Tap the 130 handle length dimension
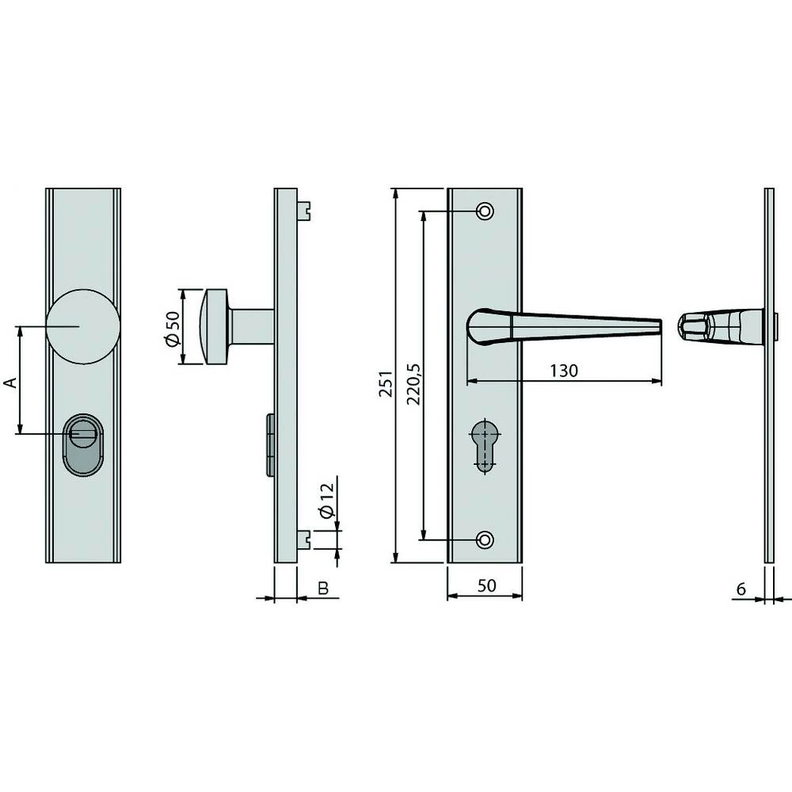564,371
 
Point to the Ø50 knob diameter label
171,326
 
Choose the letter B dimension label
322,588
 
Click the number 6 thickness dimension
741,588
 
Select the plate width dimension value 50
486,585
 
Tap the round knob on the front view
80,325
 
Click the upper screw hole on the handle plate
485,211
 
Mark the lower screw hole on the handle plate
485,539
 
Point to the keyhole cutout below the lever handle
484,444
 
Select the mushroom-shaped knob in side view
214,326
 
